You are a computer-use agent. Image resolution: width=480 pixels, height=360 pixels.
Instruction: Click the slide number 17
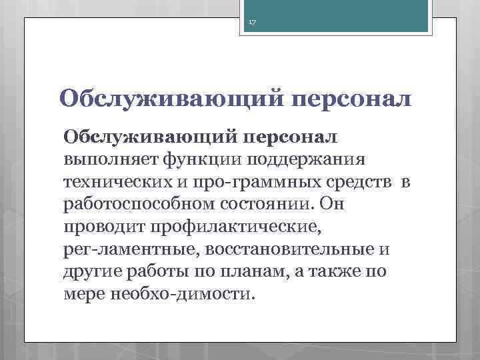coord(252,23)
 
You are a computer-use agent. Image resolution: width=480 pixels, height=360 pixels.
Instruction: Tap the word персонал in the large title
coord(351,99)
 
